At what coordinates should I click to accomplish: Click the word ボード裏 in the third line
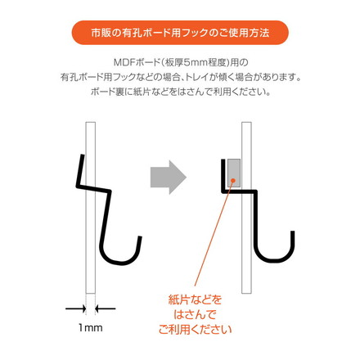(x=107, y=92)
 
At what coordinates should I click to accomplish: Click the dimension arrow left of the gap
(x=74, y=308)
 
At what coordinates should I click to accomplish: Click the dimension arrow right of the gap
(x=106, y=308)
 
